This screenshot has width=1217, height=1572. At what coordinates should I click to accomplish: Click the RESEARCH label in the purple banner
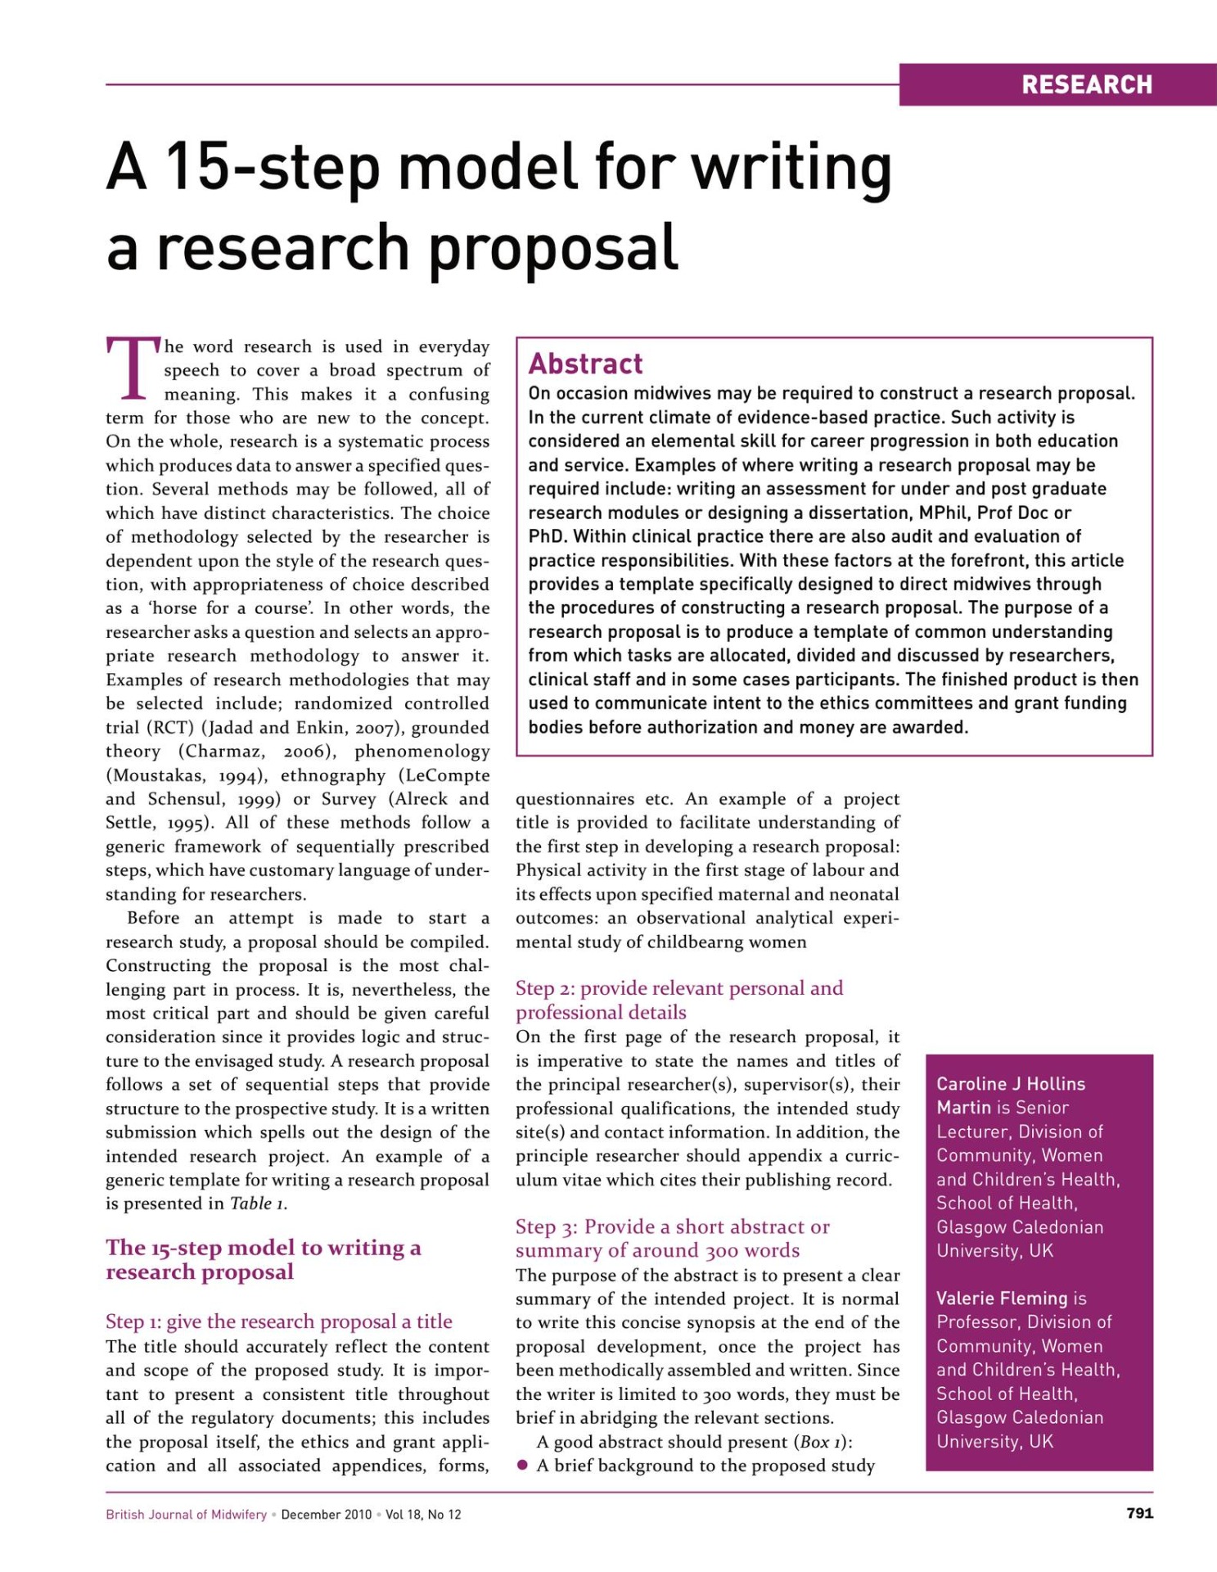pos(1086,84)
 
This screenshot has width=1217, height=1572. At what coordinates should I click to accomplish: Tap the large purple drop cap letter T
pos(132,369)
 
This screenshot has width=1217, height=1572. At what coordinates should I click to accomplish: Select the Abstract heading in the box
pos(585,364)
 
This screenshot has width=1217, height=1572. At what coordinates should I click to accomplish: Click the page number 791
pos(1139,1513)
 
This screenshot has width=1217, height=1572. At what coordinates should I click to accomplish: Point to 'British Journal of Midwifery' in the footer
pos(186,1515)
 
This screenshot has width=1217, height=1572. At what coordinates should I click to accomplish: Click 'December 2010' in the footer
pos(326,1515)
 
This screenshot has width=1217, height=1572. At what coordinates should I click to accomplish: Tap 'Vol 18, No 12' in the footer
pos(423,1515)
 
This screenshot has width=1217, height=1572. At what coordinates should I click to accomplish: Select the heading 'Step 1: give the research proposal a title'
pos(278,1321)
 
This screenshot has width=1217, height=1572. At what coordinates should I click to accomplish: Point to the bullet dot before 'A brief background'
pos(522,1466)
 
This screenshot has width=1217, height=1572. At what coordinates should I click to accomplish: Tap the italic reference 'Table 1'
pos(257,1204)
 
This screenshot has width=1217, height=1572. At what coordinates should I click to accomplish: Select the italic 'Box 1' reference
pos(820,1442)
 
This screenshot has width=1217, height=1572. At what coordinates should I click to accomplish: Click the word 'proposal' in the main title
pos(553,248)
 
